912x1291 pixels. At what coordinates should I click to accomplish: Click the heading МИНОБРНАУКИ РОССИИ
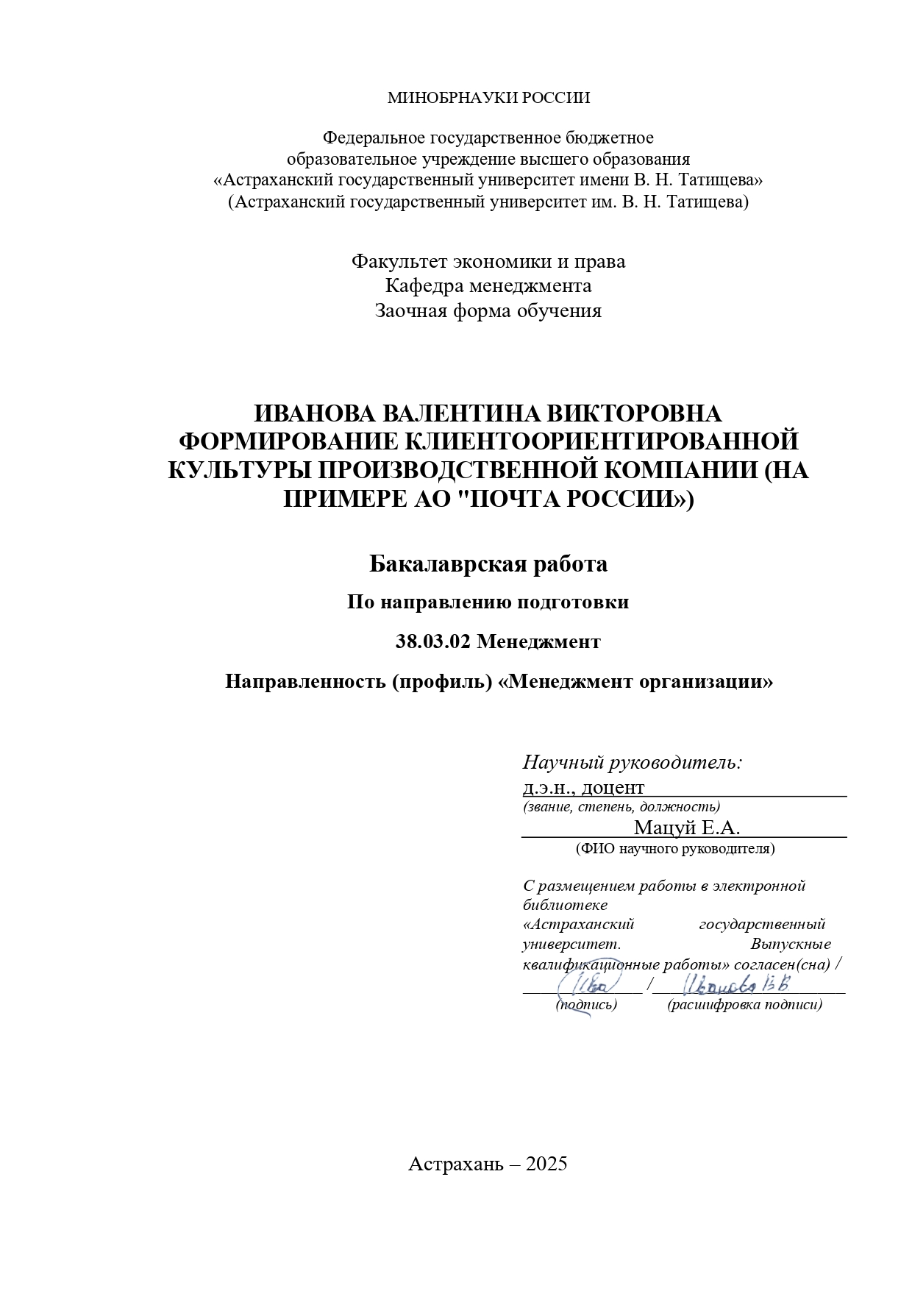click(x=488, y=98)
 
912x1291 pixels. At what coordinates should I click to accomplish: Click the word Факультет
click(x=399, y=262)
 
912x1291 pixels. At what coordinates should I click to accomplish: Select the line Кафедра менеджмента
click(x=488, y=286)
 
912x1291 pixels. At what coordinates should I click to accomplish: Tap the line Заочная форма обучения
click(x=488, y=311)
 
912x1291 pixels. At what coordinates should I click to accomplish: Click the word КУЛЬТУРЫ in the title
click(x=236, y=470)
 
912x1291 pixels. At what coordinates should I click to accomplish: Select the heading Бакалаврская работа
click(x=488, y=564)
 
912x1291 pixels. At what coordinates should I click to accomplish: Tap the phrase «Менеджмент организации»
click(x=635, y=682)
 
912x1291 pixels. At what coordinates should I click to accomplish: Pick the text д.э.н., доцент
click(x=583, y=787)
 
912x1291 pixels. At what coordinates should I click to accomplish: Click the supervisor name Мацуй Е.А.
click(x=687, y=828)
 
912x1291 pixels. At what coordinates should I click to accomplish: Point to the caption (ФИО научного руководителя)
click(x=675, y=849)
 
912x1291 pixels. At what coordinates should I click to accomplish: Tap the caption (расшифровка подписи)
click(x=744, y=1005)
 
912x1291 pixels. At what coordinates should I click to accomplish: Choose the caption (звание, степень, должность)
click(x=621, y=807)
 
